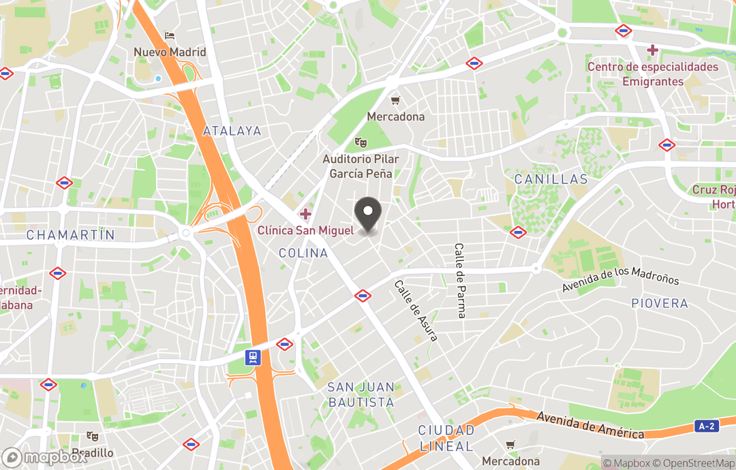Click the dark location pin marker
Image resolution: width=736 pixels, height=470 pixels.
pyautogui.click(x=369, y=215)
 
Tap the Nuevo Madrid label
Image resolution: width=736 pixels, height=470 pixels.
pyautogui.click(x=170, y=52)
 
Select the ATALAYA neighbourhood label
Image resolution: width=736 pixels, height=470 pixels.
pyautogui.click(x=232, y=131)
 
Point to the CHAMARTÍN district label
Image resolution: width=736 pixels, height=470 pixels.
pyautogui.click(x=71, y=235)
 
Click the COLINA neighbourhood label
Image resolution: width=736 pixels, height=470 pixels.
pyautogui.click(x=303, y=253)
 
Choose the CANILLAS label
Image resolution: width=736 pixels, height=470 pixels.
pyautogui.click(x=551, y=180)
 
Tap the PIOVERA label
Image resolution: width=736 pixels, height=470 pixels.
pyautogui.click(x=660, y=303)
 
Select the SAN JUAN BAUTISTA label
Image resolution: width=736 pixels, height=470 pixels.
pyautogui.click(x=361, y=394)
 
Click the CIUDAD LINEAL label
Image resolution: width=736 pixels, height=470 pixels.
pyautogui.click(x=446, y=438)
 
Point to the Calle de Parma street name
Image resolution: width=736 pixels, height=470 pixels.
pyautogui.click(x=461, y=281)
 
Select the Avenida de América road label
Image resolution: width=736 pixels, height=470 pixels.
pyautogui.click(x=590, y=425)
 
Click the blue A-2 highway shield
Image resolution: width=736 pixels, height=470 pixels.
pyautogui.click(x=706, y=426)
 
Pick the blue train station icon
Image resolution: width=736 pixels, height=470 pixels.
pyautogui.click(x=254, y=358)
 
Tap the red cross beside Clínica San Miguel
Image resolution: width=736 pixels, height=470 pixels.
pyautogui.click(x=305, y=215)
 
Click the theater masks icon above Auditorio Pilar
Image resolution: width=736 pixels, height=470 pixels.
pyautogui.click(x=361, y=142)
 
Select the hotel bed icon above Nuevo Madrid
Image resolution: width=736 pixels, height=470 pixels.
pyautogui.click(x=170, y=35)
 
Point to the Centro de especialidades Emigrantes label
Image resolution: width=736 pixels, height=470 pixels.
pyautogui.click(x=653, y=74)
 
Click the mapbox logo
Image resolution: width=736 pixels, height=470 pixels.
pyautogui.click(x=45, y=457)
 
